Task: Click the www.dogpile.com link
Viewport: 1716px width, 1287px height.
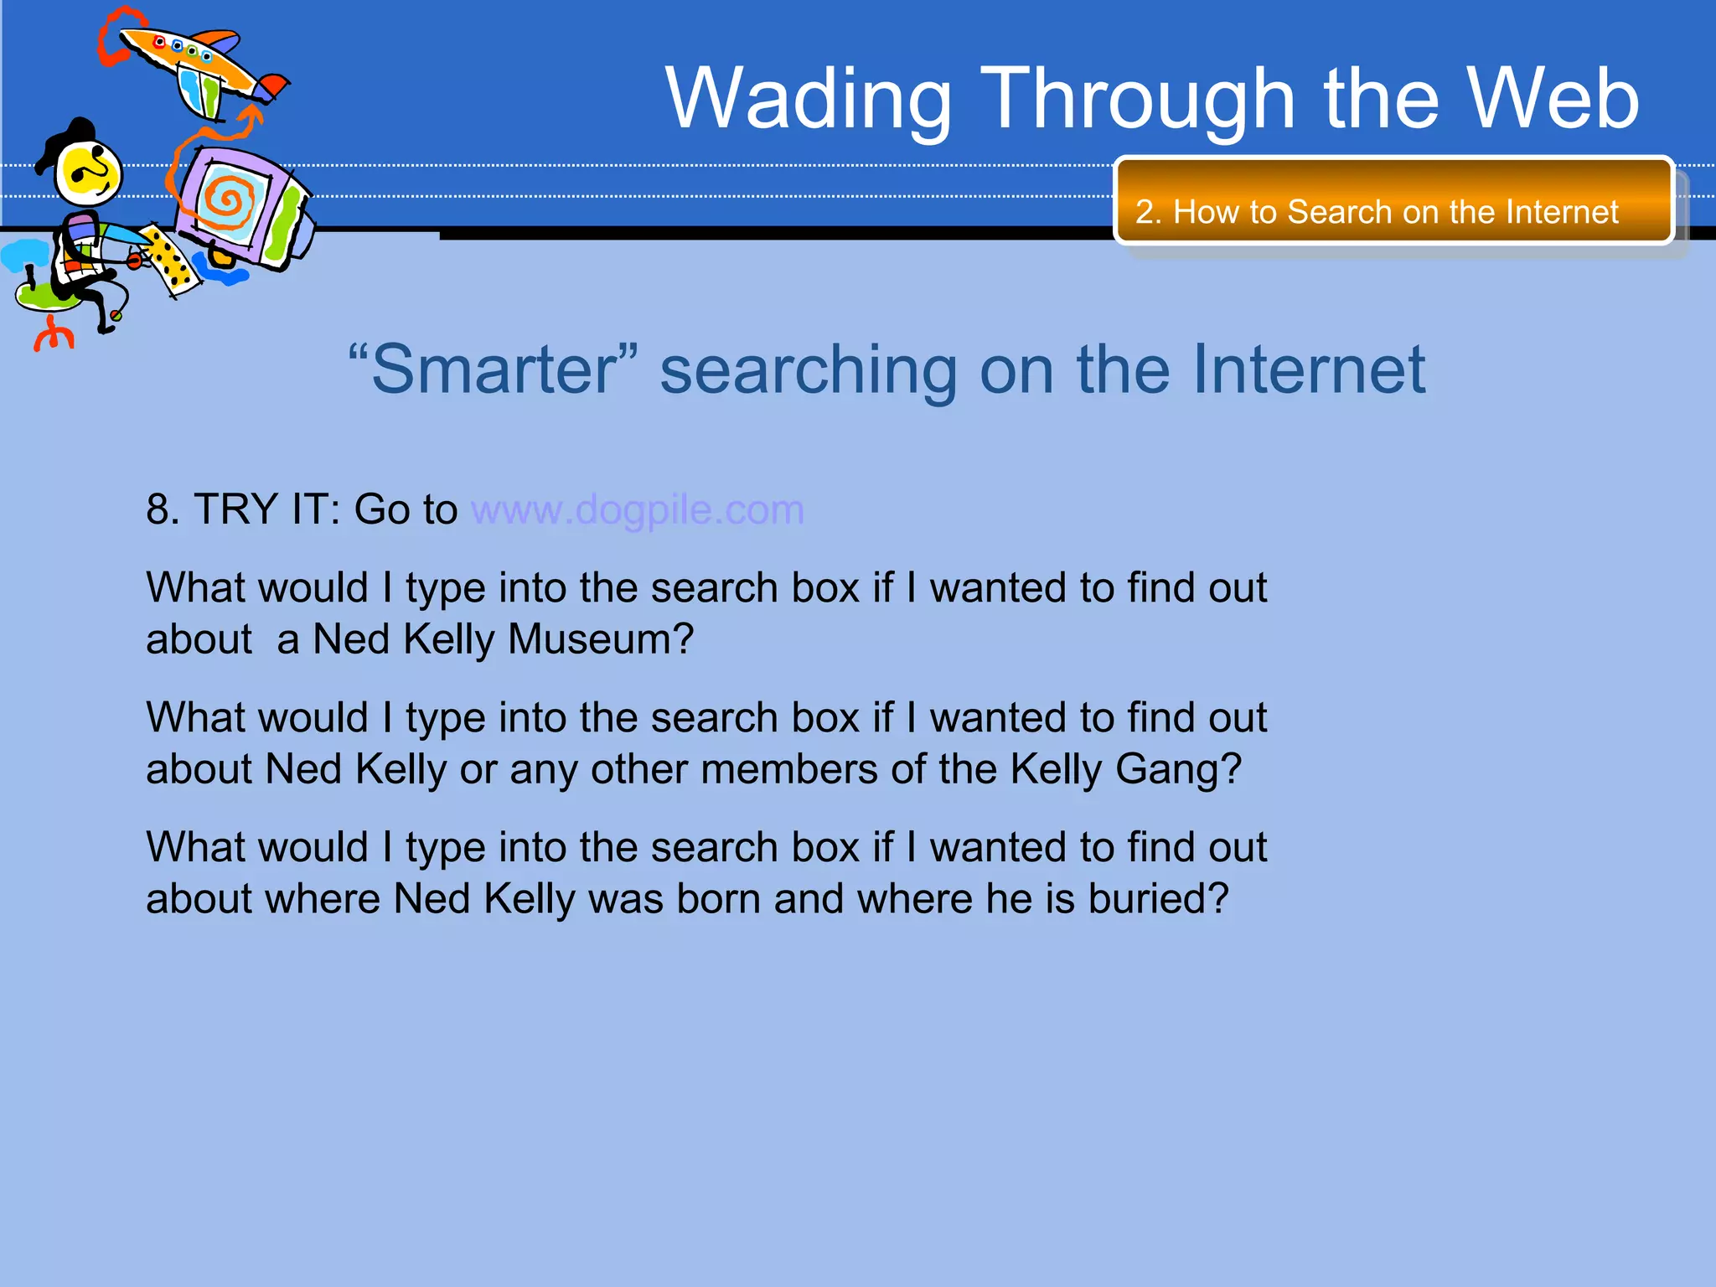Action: (x=637, y=509)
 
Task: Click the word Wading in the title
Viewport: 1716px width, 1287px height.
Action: (x=809, y=99)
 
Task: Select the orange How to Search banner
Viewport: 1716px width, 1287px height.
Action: (x=1393, y=201)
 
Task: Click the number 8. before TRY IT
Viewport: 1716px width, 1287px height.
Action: (x=163, y=509)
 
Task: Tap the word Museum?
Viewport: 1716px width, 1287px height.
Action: (x=601, y=639)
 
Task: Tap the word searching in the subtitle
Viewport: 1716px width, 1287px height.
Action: (x=809, y=370)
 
